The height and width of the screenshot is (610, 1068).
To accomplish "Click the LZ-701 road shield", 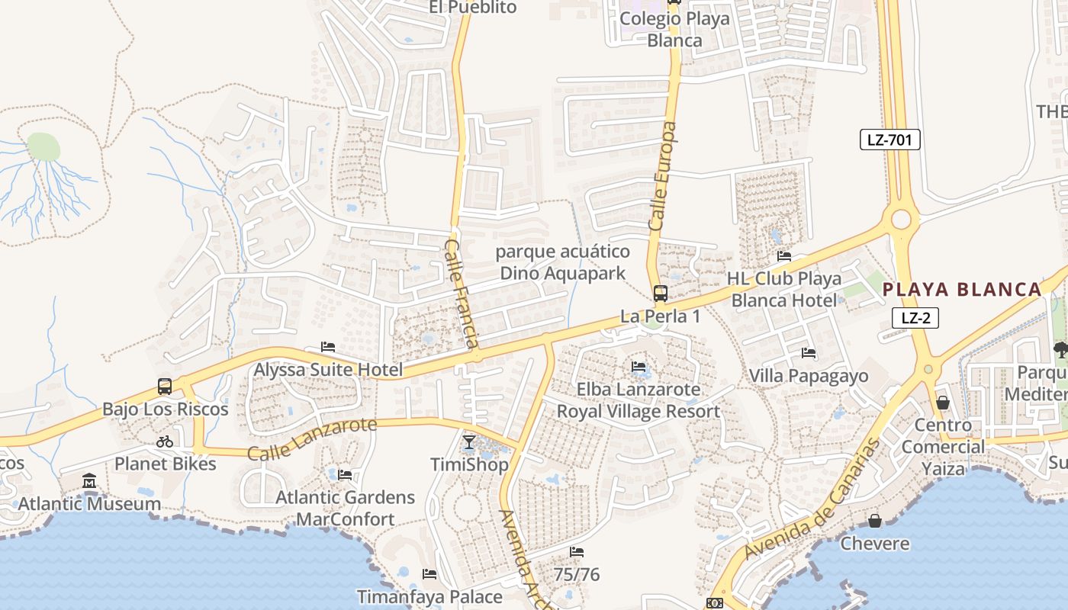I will pos(889,140).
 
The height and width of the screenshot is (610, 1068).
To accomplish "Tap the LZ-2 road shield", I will pos(915,318).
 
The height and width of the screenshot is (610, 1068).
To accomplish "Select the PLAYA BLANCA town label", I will pos(962,290).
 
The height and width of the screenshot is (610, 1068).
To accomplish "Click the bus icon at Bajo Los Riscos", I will pos(165,387).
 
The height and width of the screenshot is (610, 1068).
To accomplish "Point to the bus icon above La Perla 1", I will pos(660,294).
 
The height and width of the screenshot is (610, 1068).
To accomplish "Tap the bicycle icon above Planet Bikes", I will pos(165,441).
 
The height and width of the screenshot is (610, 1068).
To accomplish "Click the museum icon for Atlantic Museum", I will pos(89,482).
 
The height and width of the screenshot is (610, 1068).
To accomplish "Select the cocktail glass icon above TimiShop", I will pos(469,442).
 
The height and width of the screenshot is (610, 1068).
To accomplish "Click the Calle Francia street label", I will pos(462,294).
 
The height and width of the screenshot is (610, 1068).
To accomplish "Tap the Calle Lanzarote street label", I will pos(312,438).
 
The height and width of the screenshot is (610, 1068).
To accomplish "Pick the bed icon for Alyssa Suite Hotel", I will pos(328,348).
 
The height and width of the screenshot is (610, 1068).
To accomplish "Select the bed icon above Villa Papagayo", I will pos(809,353).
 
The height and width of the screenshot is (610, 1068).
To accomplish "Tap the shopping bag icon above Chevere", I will pos(875,522).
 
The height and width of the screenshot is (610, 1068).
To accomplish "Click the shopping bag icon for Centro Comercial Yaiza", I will pos(943,403).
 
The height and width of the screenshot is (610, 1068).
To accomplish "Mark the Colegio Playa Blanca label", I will pos(674,29).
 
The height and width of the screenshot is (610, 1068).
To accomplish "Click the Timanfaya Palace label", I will pos(429,596).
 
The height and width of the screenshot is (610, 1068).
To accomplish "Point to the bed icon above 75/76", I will pos(577,552).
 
